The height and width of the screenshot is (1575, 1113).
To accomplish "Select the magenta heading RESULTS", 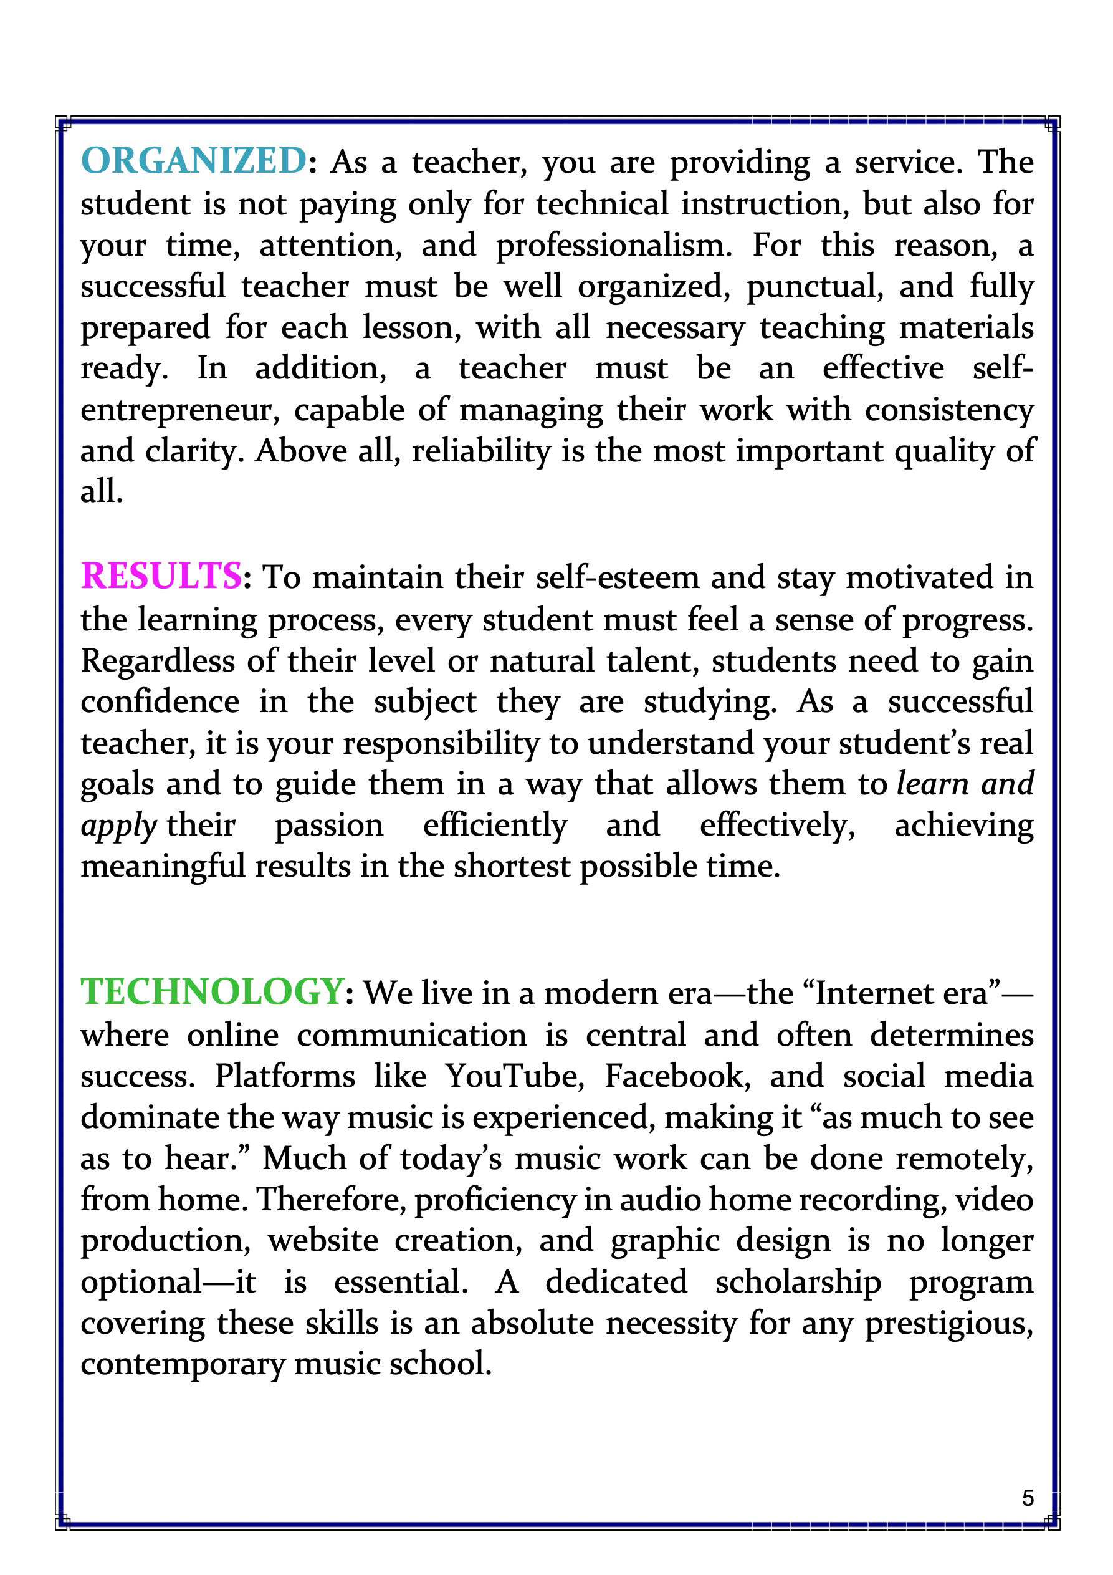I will click(x=161, y=576).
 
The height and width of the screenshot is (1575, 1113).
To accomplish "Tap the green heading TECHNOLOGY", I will click(x=212, y=991).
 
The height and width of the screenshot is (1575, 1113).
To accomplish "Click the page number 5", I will click(x=1027, y=1498).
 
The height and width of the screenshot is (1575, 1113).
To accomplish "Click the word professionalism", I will click(x=614, y=246).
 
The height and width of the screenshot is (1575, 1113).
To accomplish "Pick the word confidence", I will click(x=160, y=701).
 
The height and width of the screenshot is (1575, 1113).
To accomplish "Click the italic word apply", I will click(x=118, y=826).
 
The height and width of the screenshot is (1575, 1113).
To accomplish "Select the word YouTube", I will click(x=514, y=1076).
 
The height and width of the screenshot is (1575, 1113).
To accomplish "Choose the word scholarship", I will click(x=798, y=1282).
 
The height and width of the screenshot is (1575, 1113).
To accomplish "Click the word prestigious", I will click(x=949, y=1323).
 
